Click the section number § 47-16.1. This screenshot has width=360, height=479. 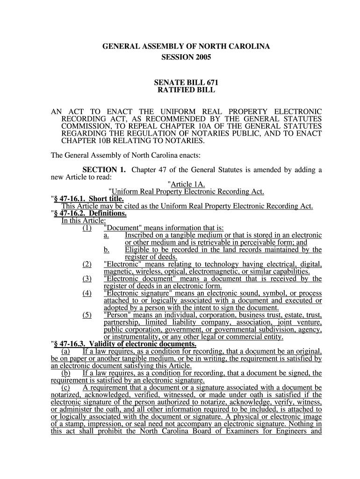coord(69,199)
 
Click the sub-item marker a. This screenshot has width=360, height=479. coord(107,235)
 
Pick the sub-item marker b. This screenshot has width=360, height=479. coord(107,250)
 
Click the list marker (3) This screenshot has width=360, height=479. coord(86,279)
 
